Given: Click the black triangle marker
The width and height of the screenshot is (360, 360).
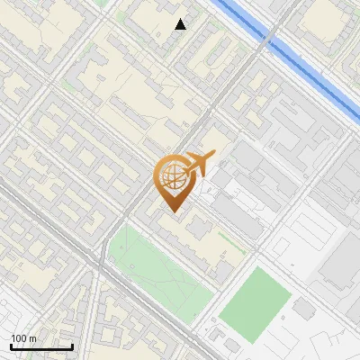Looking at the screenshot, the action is click(x=181, y=24).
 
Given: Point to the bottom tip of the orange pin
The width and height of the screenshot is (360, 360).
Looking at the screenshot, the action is click(x=172, y=212).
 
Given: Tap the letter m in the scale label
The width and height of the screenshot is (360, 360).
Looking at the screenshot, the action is click(x=33, y=338).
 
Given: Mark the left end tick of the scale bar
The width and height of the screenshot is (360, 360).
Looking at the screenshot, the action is click(x=11, y=346).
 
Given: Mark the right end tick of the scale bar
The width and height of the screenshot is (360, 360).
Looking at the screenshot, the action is click(x=72, y=346).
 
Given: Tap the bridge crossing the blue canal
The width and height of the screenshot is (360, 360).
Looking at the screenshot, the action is click(x=267, y=40).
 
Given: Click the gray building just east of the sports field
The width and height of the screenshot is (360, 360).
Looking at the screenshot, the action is click(x=303, y=309).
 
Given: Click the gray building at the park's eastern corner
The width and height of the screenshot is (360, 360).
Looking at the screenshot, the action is click(x=222, y=271).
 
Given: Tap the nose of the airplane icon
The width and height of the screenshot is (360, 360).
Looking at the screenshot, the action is click(x=213, y=155).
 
